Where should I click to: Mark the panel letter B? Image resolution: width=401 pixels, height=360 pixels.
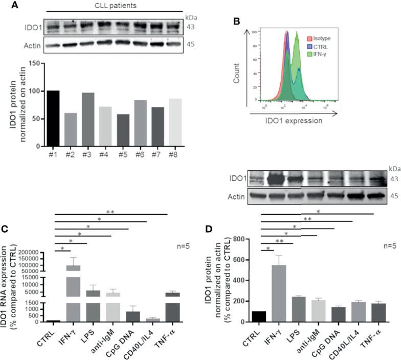click(236, 22)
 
